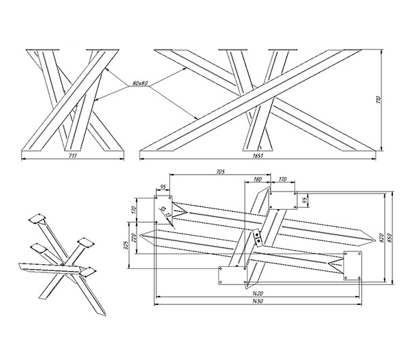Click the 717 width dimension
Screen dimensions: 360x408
tap(73, 156)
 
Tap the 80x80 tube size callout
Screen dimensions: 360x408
tap(141, 84)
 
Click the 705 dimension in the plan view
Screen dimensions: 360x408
tap(219, 173)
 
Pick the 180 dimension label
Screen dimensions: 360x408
tap(258, 179)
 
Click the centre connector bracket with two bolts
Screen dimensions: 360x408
tap(258, 238)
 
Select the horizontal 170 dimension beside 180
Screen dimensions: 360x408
tap(282, 179)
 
